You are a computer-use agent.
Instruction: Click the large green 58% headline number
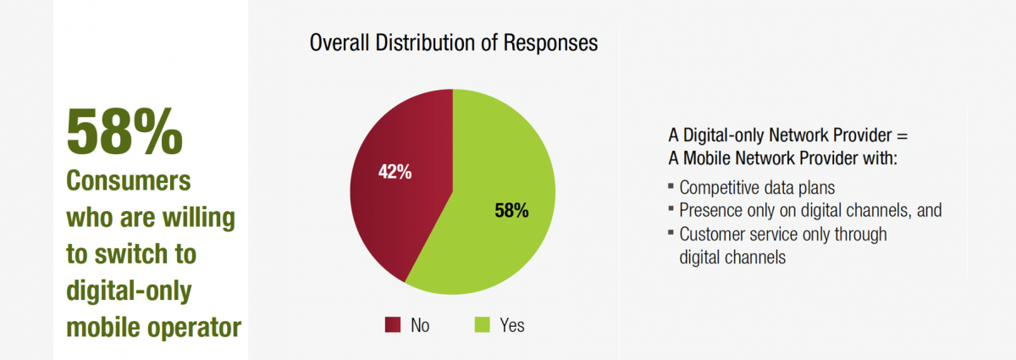(124, 132)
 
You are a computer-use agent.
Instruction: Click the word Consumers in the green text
(129, 183)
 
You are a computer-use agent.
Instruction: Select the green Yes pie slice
(500, 229)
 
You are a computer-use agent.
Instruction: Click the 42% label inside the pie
(395, 172)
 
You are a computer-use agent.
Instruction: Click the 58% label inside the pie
(511, 211)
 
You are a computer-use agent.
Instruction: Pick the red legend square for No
(392, 324)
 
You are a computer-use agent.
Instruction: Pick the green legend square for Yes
(481, 324)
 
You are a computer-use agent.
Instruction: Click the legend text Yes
(511, 325)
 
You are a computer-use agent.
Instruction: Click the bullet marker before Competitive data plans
(671, 185)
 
